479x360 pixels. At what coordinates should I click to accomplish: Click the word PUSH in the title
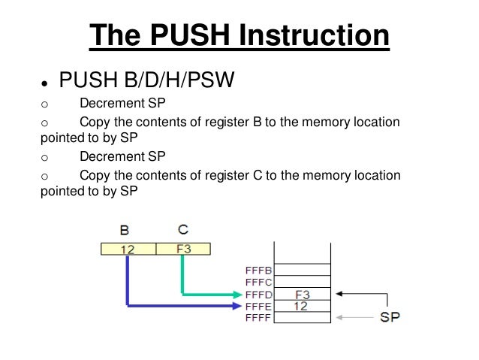[x=185, y=35]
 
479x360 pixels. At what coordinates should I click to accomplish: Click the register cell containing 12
[x=127, y=248]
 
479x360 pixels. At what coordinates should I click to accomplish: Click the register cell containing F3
[x=182, y=248]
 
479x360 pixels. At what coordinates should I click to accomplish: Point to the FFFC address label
[x=259, y=282]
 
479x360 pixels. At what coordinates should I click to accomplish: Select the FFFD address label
[x=259, y=294]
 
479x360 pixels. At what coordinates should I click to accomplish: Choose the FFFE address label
[x=259, y=306]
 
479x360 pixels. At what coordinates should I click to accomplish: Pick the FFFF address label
[x=259, y=318]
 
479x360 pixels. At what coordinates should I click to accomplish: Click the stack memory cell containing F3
[x=303, y=294]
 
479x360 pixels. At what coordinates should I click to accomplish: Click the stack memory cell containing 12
[x=303, y=305]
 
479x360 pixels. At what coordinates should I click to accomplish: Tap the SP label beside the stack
[x=390, y=317]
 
